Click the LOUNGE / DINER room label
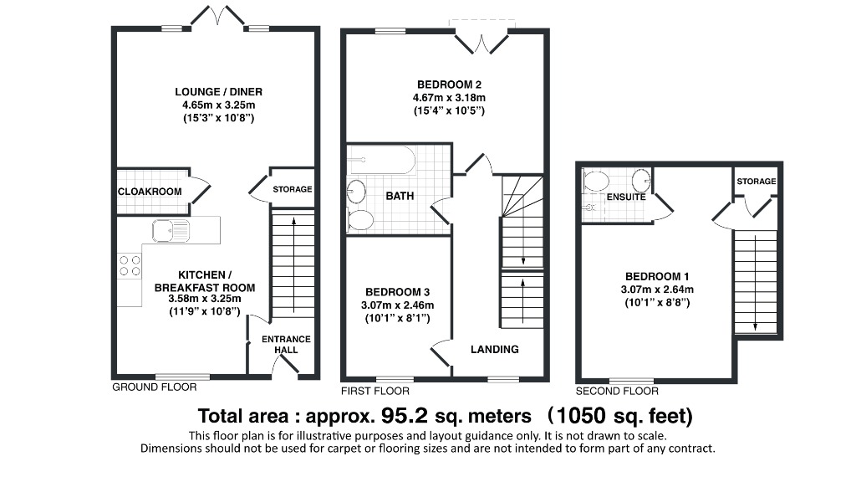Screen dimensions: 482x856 pyautogui.click(x=217, y=92)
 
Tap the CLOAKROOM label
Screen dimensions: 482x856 pyautogui.click(x=150, y=192)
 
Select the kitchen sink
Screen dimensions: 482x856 pyautogui.click(x=171, y=229)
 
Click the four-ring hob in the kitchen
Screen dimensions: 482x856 pyautogui.click(x=130, y=265)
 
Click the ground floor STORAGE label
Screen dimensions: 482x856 pyautogui.click(x=292, y=189)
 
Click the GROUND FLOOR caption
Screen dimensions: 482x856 pyautogui.click(x=154, y=387)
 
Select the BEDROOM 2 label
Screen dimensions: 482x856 pyautogui.click(x=449, y=85)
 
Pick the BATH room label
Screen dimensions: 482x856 pyautogui.click(x=399, y=196)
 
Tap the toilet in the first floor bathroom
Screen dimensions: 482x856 pyautogui.click(x=360, y=220)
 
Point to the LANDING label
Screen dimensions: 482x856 pyautogui.click(x=494, y=349)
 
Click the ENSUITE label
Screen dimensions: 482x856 pyautogui.click(x=625, y=197)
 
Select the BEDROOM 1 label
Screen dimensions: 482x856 pyautogui.click(x=657, y=277)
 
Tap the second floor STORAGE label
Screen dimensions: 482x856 pyautogui.click(x=756, y=182)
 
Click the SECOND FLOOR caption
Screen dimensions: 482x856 pyautogui.click(x=617, y=391)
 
